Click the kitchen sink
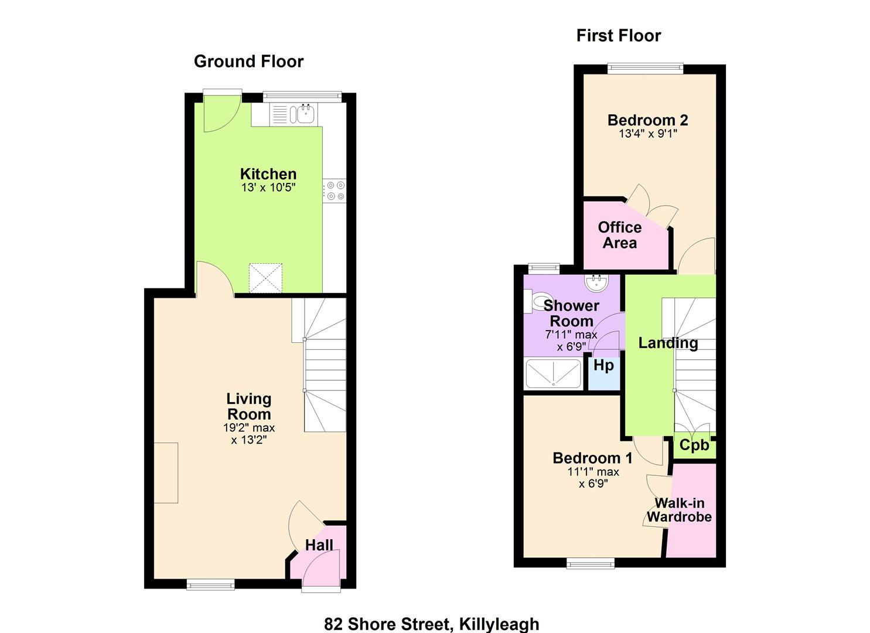coord(294,114)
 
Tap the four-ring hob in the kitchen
coord(335,191)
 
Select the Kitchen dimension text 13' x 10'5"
coord(268,188)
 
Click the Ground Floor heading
coord(248,62)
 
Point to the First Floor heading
coord(619,36)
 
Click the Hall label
coord(319,545)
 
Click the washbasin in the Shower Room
coord(597,283)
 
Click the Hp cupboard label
coord(604,366)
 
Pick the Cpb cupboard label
coord(694,445)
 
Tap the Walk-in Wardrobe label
coord(679,510)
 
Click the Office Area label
coord(620,235)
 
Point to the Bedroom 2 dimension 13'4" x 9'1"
coord(648,134)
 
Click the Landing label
coord(668,343)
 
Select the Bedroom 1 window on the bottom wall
coord(591,563)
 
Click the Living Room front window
coord(210,584)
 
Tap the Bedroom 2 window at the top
coord(645,69)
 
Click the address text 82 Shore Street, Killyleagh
coord(432,624)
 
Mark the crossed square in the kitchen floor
coord(265,278)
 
